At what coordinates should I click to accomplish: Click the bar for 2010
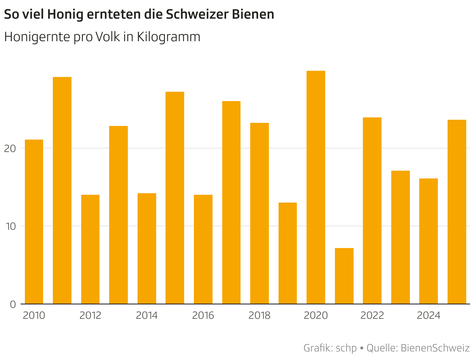(x=34, y=222)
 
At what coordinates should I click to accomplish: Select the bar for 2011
(x=62, y=190)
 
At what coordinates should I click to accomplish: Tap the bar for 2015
(x=175, y=198)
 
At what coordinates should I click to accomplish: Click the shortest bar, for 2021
(x=344, y=276)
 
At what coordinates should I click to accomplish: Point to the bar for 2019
(x=288, y=253)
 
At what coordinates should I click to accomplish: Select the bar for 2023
(x=401, y=237)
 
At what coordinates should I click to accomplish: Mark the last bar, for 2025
(x=457, y=212)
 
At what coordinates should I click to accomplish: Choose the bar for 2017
(x=231, y=203)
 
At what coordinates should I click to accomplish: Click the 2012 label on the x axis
(x=90, y=315)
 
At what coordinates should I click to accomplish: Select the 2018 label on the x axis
(x=259, y=315)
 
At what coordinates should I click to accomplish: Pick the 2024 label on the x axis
(x=429, y=315)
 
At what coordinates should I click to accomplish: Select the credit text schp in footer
(x=346, y=348)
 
